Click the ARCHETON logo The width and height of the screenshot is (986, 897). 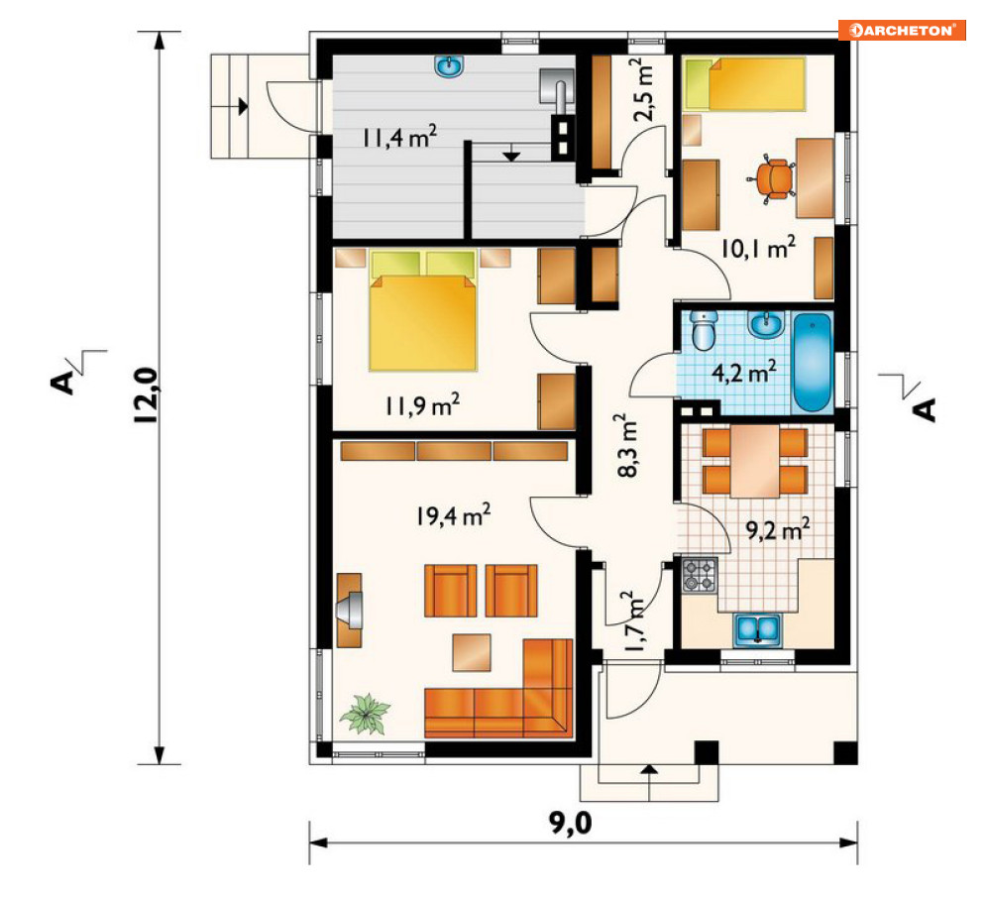[x=902, y=30]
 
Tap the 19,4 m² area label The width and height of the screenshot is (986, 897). [x=453, y=515]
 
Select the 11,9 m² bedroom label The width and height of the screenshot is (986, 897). [x=422, y=405]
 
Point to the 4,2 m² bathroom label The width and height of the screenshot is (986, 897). [x=743, y=372]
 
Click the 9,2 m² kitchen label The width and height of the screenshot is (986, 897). [x=778, y=529]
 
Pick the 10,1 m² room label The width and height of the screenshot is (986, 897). [x=758, y=248]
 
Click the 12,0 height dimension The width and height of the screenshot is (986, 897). [x=146, y=395]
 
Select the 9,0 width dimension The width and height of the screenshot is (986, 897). [x=571, y=822]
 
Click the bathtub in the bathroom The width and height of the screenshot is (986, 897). [x=813, y=362]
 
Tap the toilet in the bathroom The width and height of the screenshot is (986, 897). [x=704, y=330]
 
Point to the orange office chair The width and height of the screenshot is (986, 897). [x=772, y=178]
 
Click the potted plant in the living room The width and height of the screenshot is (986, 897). [x=365, y=714]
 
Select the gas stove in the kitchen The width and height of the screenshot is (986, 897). [x=700, y=575]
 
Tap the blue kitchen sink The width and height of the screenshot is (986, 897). [x=757, y=630]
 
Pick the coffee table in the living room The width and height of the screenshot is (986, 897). [x=472, y=652]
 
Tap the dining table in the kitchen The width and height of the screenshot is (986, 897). [x=754, y=461]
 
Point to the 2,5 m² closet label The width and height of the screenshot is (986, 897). [x=645, y=89]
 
